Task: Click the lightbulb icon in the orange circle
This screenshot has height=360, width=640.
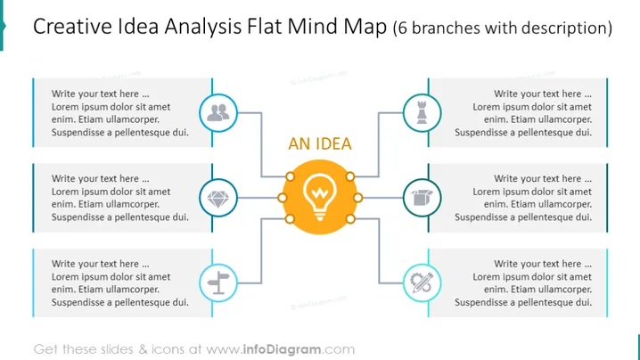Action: point(320,197)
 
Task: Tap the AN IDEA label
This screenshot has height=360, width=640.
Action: point(320,143)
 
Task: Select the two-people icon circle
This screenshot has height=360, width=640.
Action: point(218,113)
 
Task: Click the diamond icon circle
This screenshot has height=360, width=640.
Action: point(218,198)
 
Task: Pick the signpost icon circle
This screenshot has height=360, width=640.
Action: point(218,282)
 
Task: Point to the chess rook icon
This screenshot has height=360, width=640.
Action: point(422,112)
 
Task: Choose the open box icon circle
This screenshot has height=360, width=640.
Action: point(422,198)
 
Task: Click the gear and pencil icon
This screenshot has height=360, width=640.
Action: point(422,282)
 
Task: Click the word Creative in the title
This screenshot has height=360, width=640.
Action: point(72,27)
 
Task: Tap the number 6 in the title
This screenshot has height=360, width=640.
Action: point(402,29)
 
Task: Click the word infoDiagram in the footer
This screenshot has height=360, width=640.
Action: point(282,349)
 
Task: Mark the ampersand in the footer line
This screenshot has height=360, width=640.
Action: point(143,349)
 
